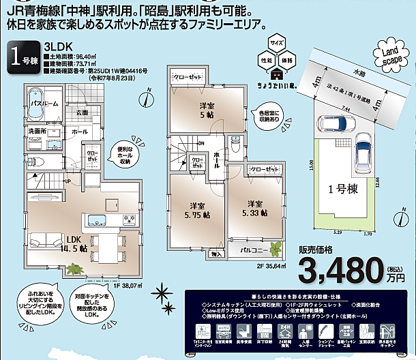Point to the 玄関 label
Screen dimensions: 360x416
point(82,111)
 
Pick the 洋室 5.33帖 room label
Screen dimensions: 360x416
point(254,207)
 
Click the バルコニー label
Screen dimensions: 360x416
point(248,250)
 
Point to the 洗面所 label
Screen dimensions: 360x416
point(38,130)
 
